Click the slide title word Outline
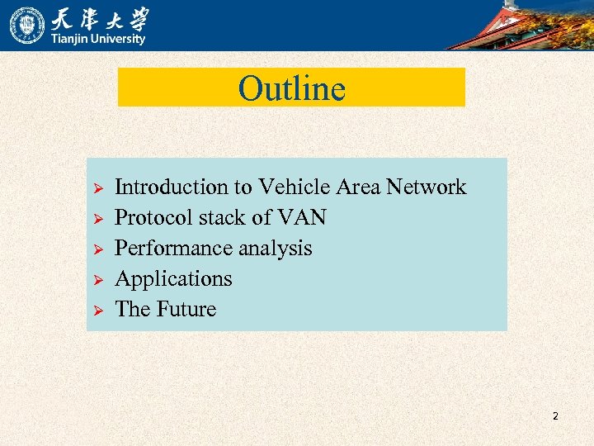[291, 88]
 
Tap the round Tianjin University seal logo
[27, 25]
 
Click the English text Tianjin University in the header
[99, 39]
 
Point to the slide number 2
[555, 416]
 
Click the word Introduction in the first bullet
[171, 187]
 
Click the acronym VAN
[302, 218]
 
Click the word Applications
[173, 279]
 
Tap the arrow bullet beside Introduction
[97, 189]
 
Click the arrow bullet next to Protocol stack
[97, 220]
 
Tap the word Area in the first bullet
[359, 187]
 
